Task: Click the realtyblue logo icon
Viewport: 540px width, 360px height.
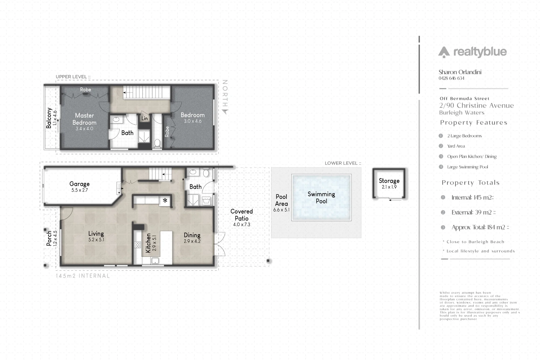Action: [444, 52]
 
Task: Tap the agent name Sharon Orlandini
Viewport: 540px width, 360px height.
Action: [460, 72]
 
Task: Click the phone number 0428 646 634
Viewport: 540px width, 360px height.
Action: [451, 78]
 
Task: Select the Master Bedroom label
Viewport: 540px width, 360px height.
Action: [84, 119]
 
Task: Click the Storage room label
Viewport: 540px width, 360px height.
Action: [389, 181]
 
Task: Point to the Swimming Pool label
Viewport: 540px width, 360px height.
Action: [321, 198]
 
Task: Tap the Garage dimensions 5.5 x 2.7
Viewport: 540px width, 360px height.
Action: [79, 190]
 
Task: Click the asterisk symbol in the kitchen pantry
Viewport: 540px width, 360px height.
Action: [165, 201]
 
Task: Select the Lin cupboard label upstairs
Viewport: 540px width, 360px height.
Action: [144, 118]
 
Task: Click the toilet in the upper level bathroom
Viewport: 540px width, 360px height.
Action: [157, 143]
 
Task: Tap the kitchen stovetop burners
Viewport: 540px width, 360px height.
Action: [137, 245]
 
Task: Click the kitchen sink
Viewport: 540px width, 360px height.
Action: [155, 261]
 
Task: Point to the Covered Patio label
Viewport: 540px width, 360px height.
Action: [241, 215]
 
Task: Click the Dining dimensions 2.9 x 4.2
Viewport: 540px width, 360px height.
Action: [192, 241]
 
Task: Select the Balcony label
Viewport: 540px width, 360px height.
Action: [49, 118]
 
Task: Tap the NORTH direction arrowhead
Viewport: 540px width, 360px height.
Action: [225, 111]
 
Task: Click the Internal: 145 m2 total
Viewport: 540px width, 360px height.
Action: [473, 198]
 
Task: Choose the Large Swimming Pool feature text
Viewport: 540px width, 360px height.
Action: [467, 167]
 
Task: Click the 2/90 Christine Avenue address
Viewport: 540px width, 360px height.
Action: [476, 106]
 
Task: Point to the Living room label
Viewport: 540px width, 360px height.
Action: [96, 233]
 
